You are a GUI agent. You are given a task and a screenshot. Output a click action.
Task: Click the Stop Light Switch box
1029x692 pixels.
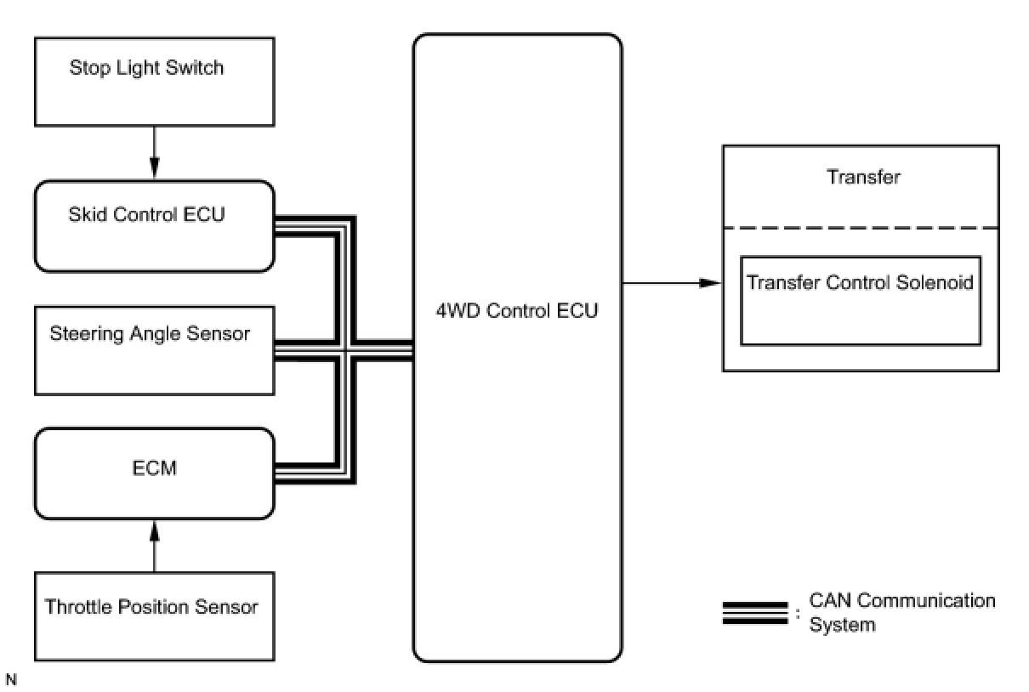154,82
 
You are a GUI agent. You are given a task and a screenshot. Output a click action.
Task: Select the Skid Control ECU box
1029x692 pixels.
154,225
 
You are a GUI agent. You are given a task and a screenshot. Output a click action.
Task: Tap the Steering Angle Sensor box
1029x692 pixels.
154,350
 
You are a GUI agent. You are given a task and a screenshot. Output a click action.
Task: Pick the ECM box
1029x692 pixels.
154,474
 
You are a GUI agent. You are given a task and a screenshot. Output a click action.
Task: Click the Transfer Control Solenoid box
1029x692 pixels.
860,300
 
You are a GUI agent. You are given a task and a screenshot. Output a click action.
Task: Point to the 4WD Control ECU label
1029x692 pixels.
517,310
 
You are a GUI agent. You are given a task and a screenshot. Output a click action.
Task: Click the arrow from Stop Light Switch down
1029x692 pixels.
154,152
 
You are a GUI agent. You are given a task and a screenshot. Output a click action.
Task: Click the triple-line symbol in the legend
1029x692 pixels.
754,613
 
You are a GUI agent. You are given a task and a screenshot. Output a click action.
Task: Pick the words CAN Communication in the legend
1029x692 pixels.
901,601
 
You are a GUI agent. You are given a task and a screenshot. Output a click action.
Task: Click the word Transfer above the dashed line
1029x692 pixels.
862,178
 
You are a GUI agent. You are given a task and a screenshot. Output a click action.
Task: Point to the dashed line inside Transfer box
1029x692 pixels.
861,228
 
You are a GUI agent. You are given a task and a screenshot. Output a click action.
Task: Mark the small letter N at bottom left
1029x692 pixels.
10,679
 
